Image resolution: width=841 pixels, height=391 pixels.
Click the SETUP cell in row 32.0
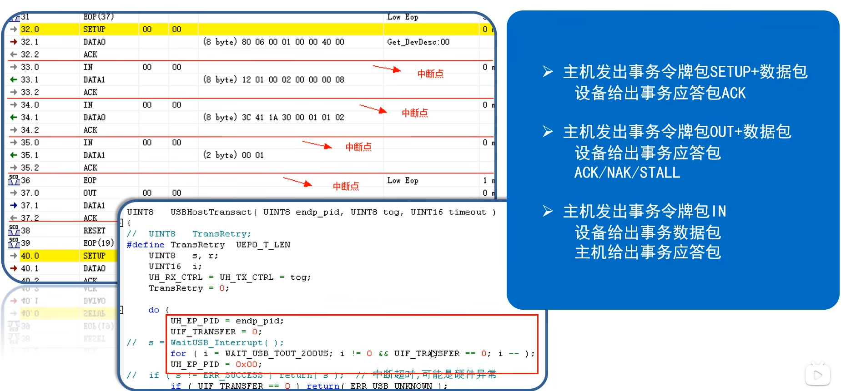[94, 30]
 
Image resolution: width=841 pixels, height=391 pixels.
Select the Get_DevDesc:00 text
[418, 42]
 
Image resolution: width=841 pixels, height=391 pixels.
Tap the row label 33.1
[30, 80]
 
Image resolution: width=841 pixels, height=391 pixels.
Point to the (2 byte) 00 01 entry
[233, 155]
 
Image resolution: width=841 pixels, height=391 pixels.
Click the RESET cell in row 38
[94, 231]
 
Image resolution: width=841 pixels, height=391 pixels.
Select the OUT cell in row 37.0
[90, 193]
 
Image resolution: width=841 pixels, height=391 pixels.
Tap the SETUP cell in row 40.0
[94, 256]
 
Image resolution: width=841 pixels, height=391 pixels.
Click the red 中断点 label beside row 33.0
[430, 74]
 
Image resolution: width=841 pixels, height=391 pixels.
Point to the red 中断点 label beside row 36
[346, 186]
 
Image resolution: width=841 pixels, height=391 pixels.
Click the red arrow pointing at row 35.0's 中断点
[317, 145]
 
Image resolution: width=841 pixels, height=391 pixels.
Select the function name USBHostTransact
[211, 212]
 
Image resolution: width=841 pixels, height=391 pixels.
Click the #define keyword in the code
[145, 245]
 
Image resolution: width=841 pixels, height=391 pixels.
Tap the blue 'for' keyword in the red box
[178, 353]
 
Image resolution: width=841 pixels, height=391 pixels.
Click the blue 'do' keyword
[154, 310]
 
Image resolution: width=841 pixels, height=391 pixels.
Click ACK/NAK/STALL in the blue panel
[627, 173]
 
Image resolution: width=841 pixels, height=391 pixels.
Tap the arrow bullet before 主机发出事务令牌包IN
[548, 211]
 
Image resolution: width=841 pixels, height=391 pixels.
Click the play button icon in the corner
[817, 375]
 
